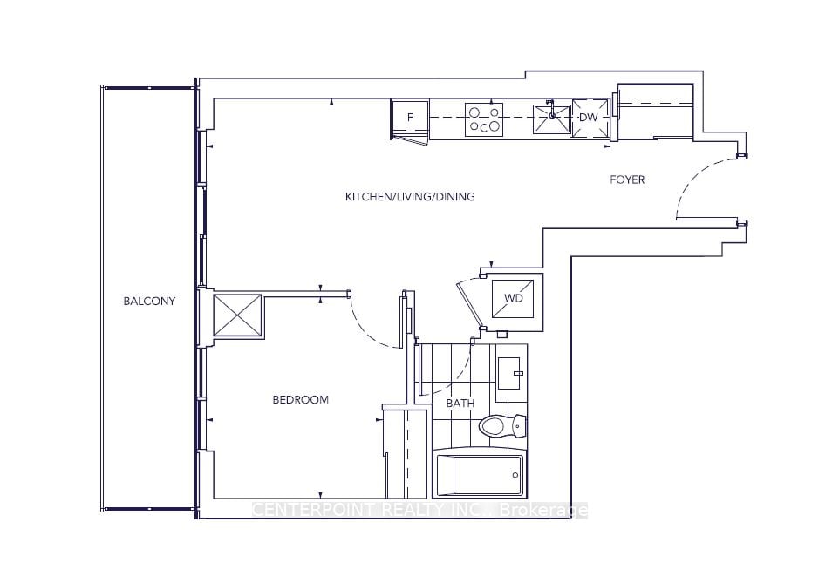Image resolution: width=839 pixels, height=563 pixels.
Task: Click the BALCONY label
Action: [149, 301]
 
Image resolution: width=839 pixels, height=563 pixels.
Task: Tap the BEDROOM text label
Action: [300, 400]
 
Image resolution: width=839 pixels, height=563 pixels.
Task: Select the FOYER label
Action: [627, 180]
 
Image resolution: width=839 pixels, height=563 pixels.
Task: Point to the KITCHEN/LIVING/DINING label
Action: [410, 197]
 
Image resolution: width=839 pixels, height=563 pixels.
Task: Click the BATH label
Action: [460, 404]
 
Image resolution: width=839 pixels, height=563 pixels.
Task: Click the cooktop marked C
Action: [484, 119]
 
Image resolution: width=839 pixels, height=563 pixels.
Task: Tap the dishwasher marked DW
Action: [590, 118]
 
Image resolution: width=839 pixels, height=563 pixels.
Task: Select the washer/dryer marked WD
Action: [513, 298]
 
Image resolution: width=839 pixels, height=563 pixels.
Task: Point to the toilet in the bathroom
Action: [502, 426]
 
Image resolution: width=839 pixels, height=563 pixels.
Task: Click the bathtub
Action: [480, 476]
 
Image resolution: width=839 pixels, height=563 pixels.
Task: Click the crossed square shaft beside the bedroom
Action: [238, 315]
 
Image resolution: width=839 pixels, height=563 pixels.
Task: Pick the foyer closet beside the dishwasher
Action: [655, 112]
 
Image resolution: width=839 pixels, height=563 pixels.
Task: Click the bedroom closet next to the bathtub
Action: [406, 453]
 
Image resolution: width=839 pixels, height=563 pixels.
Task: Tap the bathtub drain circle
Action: [515, 475]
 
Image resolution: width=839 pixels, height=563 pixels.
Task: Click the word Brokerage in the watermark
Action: [543, 511]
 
